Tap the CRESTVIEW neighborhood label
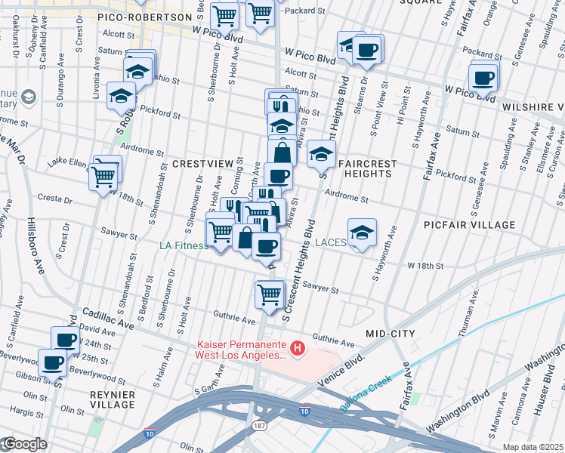[x=201, y=163]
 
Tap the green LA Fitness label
[x=183, y=245]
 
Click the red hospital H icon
[x=298, y=349]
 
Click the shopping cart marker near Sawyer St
[x=269, y=294]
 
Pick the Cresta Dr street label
[x=58, y=202]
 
